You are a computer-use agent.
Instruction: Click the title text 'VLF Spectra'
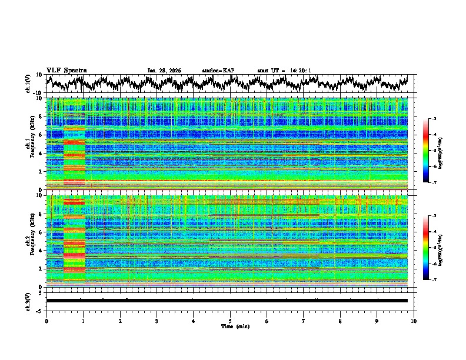[x=66, y=70]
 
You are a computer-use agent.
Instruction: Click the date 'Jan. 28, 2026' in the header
[x=164, y=71]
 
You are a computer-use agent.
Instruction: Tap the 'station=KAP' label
[x=218, y=71]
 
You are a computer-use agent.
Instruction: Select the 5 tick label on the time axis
[x=230, y=321]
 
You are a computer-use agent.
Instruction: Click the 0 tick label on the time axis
[x=46, y=321]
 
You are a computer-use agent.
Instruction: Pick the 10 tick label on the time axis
[x=414, y=321]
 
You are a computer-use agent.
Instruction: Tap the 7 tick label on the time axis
[x=304, y=321]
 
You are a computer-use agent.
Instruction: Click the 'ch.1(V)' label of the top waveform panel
[x=28, y=84]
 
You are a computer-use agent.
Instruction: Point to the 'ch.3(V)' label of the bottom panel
[x=28, y=300]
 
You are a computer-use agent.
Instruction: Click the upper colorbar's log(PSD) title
[x=448, y=151]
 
